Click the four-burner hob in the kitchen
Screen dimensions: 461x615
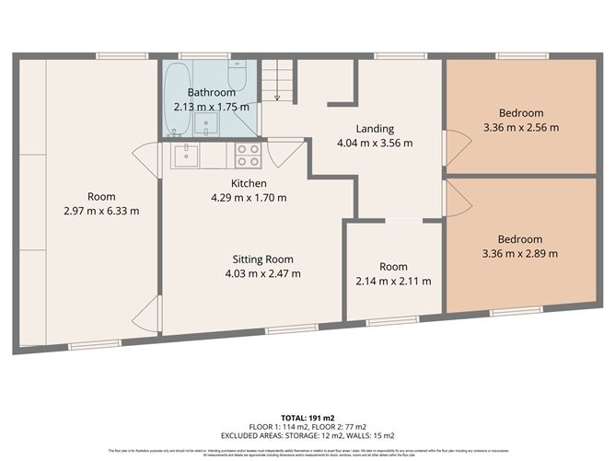[x=247, y=155]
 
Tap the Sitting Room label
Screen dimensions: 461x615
[x=262, y=259]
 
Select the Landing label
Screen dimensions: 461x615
[x=375, y=129]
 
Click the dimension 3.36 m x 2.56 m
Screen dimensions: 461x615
[x=520, y=127]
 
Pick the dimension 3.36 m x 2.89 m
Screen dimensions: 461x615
[x=520, y=253]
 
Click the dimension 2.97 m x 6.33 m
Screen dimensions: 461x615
[x=101, y=211]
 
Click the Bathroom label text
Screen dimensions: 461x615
[x=212, y=93]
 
